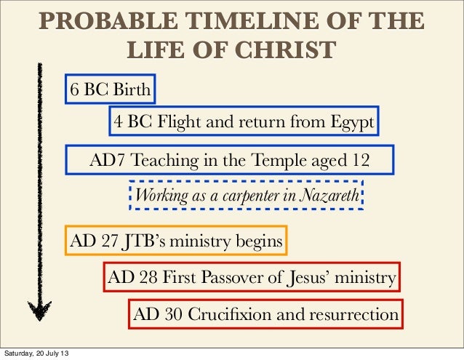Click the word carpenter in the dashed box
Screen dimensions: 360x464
click(252, 195)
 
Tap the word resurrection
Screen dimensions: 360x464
click(352, 315)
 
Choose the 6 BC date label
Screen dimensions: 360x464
click(88, 90)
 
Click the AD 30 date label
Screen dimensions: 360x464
click(157, 315)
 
